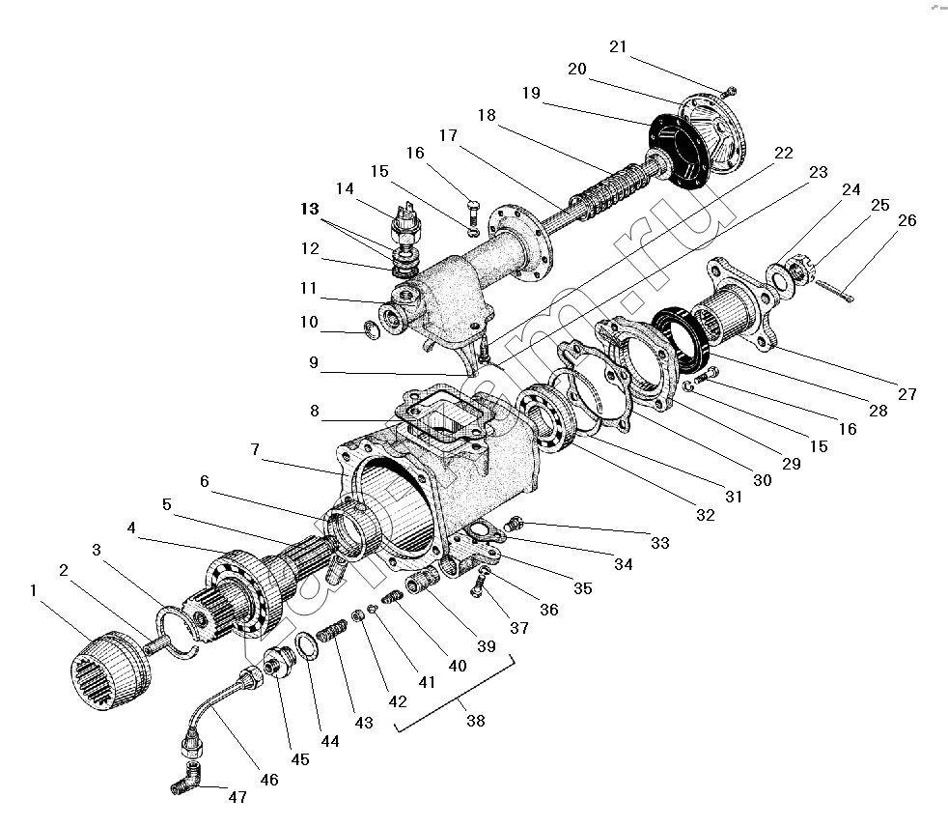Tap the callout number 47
tap(237, 797)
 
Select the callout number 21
tap(618, 46)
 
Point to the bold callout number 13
tap(309, 210)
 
